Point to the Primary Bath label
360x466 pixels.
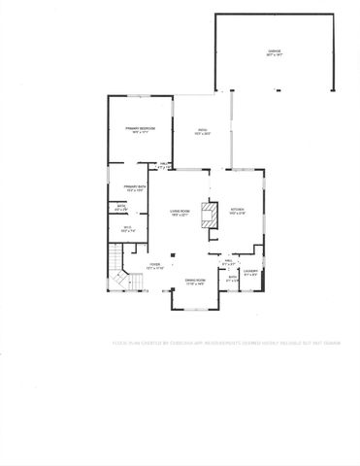pos(134,187)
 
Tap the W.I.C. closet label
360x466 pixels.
pos(126,229)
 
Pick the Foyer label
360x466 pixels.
pos(153,264)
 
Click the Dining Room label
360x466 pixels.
pos(196,280)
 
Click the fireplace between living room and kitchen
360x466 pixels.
pos(207,215)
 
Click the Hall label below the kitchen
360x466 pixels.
pos(229,260)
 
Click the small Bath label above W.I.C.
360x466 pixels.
pos(122,206)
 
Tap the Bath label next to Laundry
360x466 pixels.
pos(232,278)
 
